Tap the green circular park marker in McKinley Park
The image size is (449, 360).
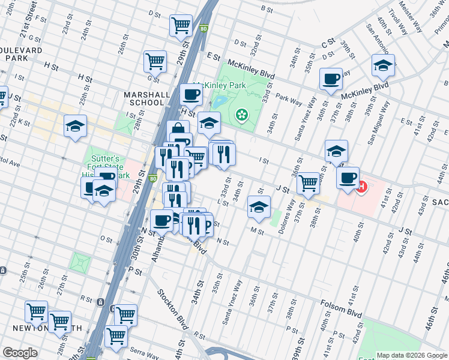coord(242,114)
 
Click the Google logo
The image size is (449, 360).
coord(20,353)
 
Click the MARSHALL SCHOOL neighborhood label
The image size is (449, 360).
coord(144,98)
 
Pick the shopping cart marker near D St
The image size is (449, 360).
coord(180,26)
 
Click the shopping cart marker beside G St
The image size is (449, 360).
coord(155,61)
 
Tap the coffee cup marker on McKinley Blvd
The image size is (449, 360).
coord(331,79)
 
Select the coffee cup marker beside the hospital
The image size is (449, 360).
coord(348,178)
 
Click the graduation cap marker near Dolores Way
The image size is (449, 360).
coord(259,206)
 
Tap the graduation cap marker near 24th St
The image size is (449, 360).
coord(76,126)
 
